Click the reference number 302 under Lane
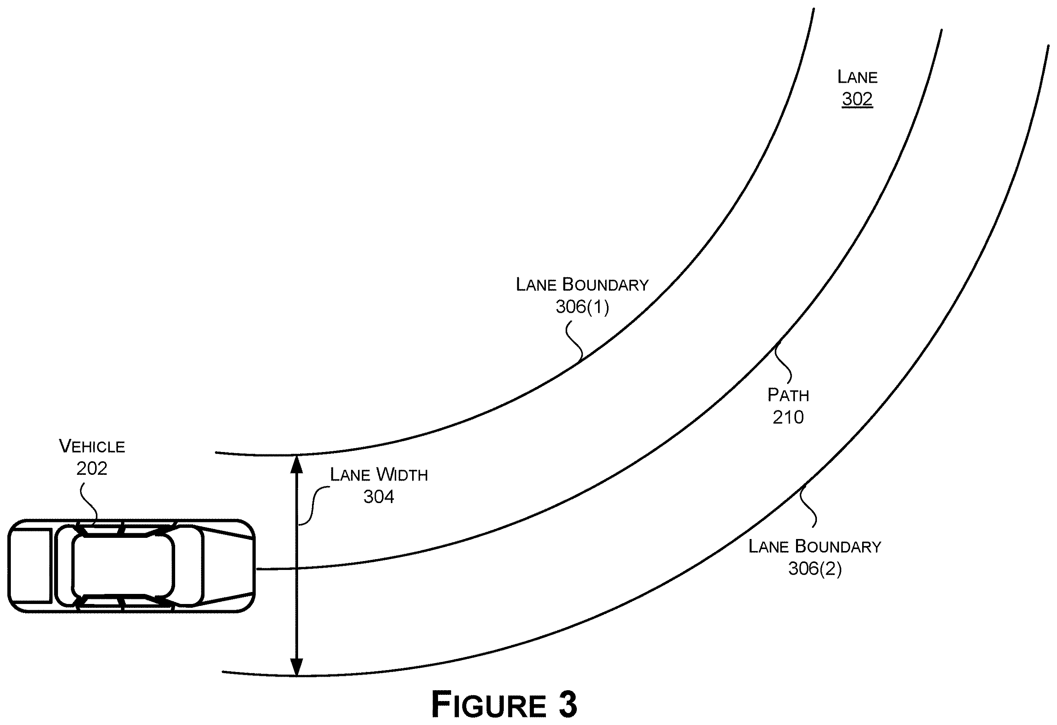(857, 99)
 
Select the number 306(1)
(582, 307)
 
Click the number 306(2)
(815, 568)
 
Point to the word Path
(788, 395)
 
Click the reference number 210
(788, 417)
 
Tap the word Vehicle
(92, 446)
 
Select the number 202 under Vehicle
(92, 469)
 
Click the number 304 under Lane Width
(378, 497)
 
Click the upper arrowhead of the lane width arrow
(297, 464)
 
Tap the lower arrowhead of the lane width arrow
(297, 667)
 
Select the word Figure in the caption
(489, 704)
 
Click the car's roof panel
(123, 566)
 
